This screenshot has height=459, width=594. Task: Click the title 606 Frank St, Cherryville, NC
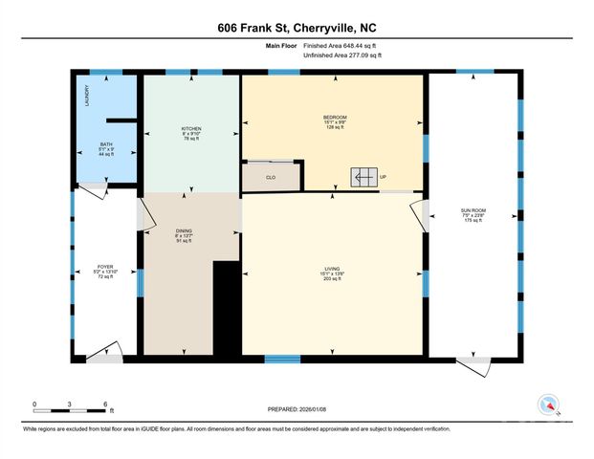point(297,28)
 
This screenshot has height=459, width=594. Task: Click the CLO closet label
point(270,176)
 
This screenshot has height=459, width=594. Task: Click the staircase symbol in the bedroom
point(363,177)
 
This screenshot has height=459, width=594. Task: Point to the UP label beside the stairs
point(384,177)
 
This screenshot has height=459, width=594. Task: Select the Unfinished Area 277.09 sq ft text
point(341,56)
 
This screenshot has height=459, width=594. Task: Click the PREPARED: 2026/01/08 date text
point(297,410)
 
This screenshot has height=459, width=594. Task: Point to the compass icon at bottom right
point(549,405)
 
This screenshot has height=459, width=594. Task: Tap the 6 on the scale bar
point(105,403)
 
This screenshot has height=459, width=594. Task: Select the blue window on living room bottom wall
point(283,360)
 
